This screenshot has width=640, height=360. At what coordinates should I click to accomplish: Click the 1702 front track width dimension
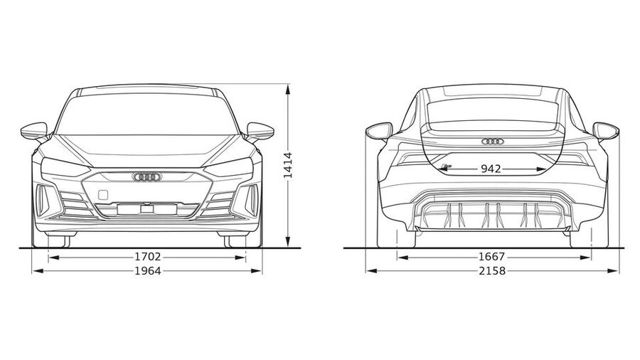(x=148, y=257)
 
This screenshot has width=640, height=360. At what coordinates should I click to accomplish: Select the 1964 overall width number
(x=148, y=270)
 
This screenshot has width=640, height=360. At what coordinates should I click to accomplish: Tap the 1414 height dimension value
(x=288, y=165)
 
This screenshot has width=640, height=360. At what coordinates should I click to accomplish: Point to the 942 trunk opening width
(x=491, y=169)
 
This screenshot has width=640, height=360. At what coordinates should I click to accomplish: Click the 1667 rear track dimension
(x=492, y=257)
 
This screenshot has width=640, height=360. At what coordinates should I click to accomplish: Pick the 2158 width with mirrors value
(x=492, y=270)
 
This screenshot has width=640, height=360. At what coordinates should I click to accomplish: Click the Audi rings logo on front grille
(x=147, y=176)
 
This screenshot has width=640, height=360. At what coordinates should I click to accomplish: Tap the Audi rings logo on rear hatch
(x=493, y=141)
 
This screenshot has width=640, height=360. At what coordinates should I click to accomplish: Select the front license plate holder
(x=147, y=209)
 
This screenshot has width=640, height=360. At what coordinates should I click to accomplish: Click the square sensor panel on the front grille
(x=103, y=195)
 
